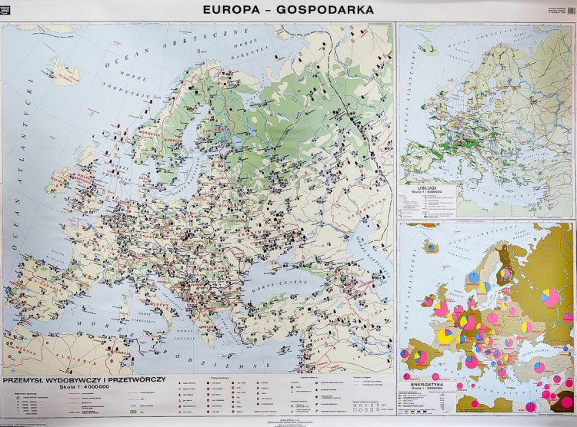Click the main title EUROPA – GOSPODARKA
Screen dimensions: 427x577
pos(288,11)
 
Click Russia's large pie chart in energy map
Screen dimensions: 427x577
pos(549,297)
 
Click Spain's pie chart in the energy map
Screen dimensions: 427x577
pos(419,356)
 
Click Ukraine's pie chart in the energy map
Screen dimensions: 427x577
pos(526,327)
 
